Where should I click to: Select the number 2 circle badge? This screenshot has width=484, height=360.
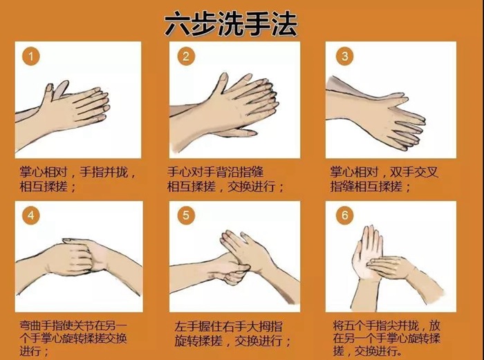click(185, 56)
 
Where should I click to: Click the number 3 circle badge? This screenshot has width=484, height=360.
click(344, 56)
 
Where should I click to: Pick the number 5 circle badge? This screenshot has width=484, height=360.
click(185, 216)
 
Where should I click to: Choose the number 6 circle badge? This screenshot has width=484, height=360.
click(344, 216)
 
